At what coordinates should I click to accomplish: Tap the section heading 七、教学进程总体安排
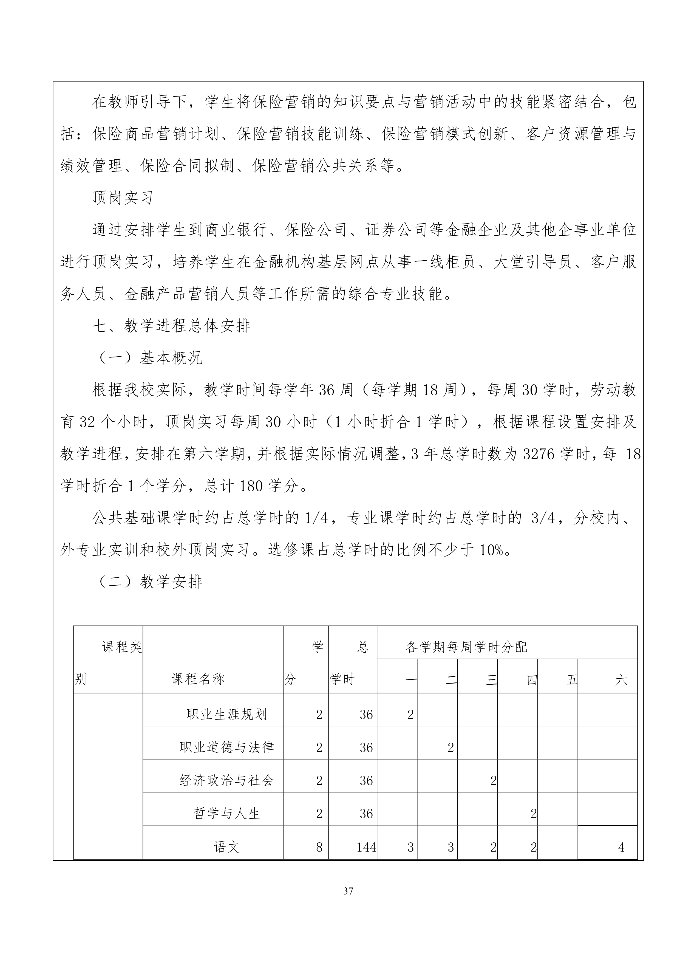171,326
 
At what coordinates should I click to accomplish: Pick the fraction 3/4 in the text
543,518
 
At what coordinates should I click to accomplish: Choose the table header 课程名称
198,679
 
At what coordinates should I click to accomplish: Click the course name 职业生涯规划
226,714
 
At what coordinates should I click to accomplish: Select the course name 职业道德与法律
226,747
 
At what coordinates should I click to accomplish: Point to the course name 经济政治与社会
226,780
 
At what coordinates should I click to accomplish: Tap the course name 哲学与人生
226,814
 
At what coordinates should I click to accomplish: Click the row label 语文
226,847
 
